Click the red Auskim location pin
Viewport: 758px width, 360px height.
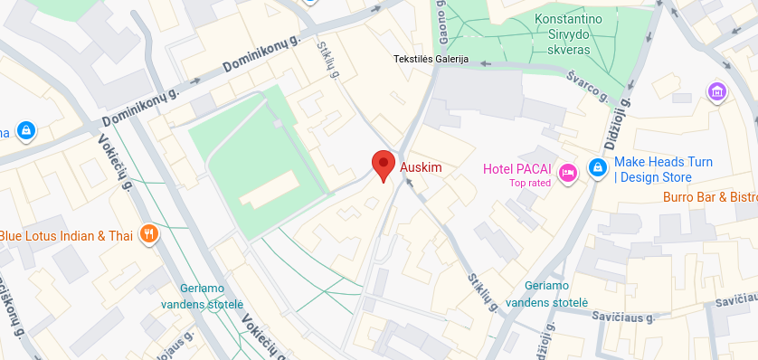click(x=384, y=166)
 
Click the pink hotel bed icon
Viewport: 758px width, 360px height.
click(x=568, y=171)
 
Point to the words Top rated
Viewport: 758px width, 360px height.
click(x=530, y=184)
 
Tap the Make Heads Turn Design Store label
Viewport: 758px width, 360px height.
click(x=663, y=169)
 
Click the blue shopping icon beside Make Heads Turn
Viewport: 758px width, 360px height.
click(x=597, y=168)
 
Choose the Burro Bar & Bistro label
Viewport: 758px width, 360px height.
click(x=709, y=196)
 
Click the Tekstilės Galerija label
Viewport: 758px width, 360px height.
click(x=430, y=60)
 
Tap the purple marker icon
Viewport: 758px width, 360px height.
click(x=716, y=91)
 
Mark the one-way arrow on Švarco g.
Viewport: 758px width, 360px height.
click(x=486, y=63)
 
